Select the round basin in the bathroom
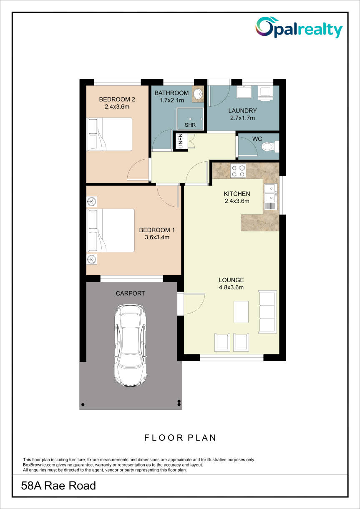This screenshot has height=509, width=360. coord(198,93)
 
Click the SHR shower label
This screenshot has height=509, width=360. coord(190,125)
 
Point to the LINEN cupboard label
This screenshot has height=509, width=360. coord(181,141)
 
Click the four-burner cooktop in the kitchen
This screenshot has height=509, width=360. coord(238,171)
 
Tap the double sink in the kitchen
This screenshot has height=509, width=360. coord(271,193)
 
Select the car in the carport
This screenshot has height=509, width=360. coord(131,346)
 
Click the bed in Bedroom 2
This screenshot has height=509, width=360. coord(110,134)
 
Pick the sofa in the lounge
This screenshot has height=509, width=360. coord(267,312)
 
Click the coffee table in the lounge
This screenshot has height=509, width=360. coord(241,312)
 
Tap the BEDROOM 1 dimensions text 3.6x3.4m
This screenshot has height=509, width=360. coord(157,238)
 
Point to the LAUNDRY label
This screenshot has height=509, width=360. coord(242,110)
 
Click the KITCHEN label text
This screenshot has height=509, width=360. coord(237,193)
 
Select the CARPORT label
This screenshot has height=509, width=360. coord(130,293)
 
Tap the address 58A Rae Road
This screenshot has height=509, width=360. coord(58,486)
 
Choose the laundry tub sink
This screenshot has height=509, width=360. coord(244,92)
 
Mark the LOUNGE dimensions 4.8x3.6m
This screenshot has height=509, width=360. coord(231,288)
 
